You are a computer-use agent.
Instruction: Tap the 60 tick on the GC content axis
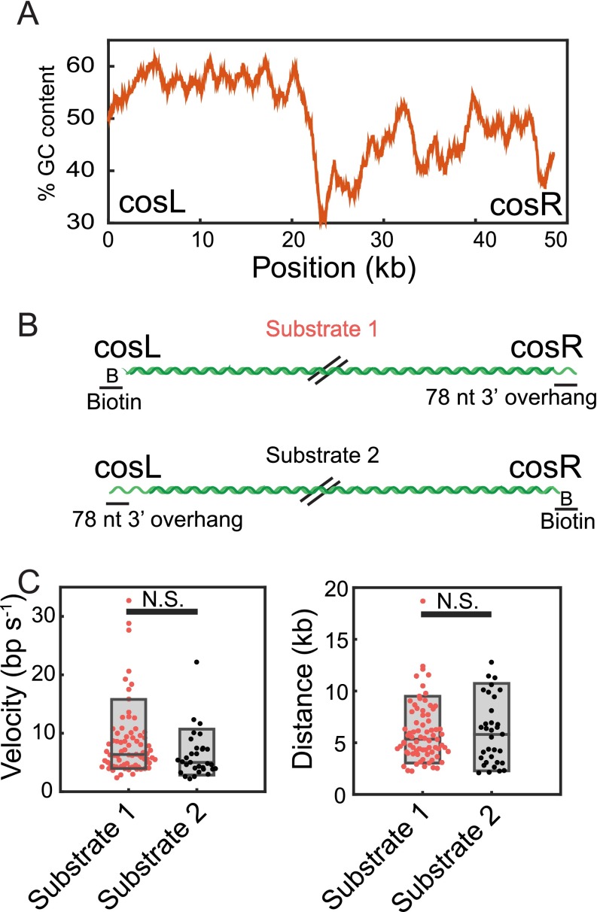(90, 65)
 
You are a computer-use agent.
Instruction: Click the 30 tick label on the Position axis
(383, 240)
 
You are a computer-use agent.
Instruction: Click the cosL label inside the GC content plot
(151, 204)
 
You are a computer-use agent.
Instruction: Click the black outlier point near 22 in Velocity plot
(196, 662)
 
